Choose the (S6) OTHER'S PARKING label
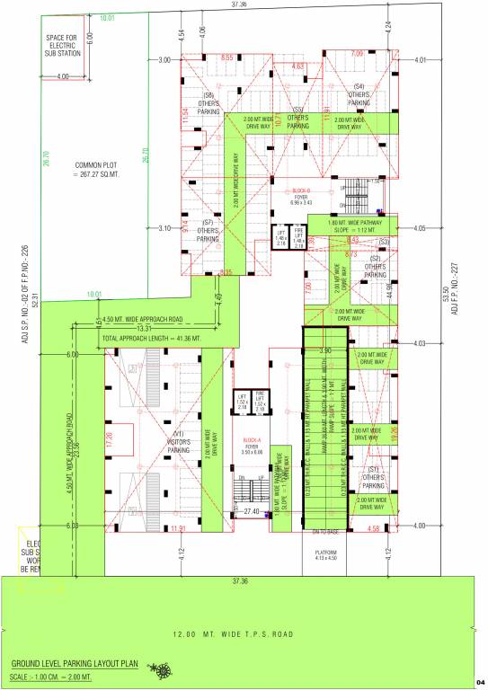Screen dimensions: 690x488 [x=209, y=103]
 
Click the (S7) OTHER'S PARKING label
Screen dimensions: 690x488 [x=208, y=230]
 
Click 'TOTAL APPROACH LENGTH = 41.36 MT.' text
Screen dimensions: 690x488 [x=158, y=338]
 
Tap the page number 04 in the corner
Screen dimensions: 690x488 [x=481, y=683]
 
